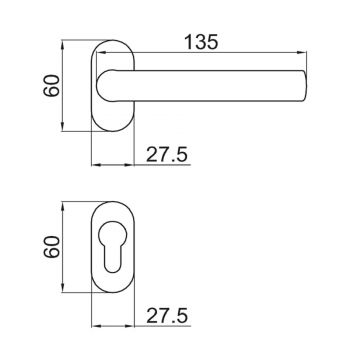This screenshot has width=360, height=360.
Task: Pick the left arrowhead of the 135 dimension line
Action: pos(96,55)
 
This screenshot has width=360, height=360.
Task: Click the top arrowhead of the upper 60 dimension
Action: pos(62,43)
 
